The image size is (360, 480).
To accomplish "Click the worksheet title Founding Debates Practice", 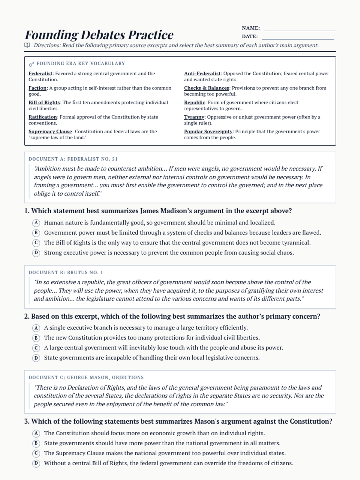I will tap(99, 35).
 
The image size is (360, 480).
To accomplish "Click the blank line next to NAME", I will tap(300, 30).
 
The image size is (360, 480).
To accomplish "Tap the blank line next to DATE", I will tap(298, 39).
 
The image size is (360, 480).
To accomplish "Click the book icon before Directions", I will tap(27, 45).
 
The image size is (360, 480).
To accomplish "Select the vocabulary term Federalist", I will tap(40, 73).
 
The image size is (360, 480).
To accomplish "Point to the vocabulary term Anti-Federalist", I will tap(202, 73).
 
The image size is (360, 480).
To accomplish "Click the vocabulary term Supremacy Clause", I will tap(50, 131).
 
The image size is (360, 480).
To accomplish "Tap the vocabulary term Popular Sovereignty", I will tap(208, 131).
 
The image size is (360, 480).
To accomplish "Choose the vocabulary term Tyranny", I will tap(194, 117).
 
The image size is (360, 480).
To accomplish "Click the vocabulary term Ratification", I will tap(43, 117).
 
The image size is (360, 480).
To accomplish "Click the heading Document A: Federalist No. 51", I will tap(73, 159).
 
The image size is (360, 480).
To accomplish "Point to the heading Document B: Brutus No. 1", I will tap(66, 272).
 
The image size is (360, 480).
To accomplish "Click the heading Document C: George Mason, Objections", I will tap(86, 377).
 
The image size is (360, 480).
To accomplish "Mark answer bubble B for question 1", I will tap(36, 233).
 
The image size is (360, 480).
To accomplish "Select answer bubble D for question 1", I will tap(36, 253).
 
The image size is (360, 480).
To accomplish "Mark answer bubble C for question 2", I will tap(36, 348).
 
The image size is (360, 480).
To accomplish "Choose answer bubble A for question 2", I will tap(36, 328).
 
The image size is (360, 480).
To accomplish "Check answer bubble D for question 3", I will tap(36, 463).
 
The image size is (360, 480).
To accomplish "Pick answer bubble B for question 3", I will tap(36, 443).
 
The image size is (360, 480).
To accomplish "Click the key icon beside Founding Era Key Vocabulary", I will tap(31, 64).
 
